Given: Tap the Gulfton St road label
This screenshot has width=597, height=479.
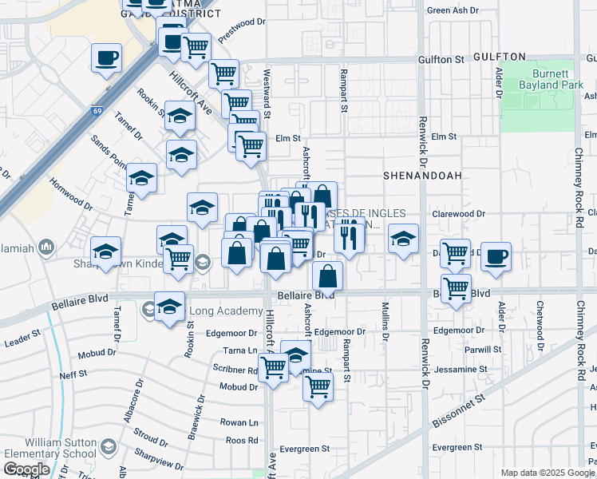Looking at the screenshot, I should coord(441,59).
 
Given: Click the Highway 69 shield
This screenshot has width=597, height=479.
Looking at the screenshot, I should coord(97,111).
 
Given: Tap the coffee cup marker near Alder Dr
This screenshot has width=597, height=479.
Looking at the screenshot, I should coord(496,257).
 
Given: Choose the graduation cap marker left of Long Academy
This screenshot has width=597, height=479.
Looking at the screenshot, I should coord(169,307).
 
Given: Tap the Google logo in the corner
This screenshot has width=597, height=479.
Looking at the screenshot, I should coord(26,469).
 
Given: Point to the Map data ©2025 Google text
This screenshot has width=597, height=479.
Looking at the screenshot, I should coord(548,473).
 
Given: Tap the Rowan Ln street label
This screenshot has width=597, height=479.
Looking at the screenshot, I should coord(239,422).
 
